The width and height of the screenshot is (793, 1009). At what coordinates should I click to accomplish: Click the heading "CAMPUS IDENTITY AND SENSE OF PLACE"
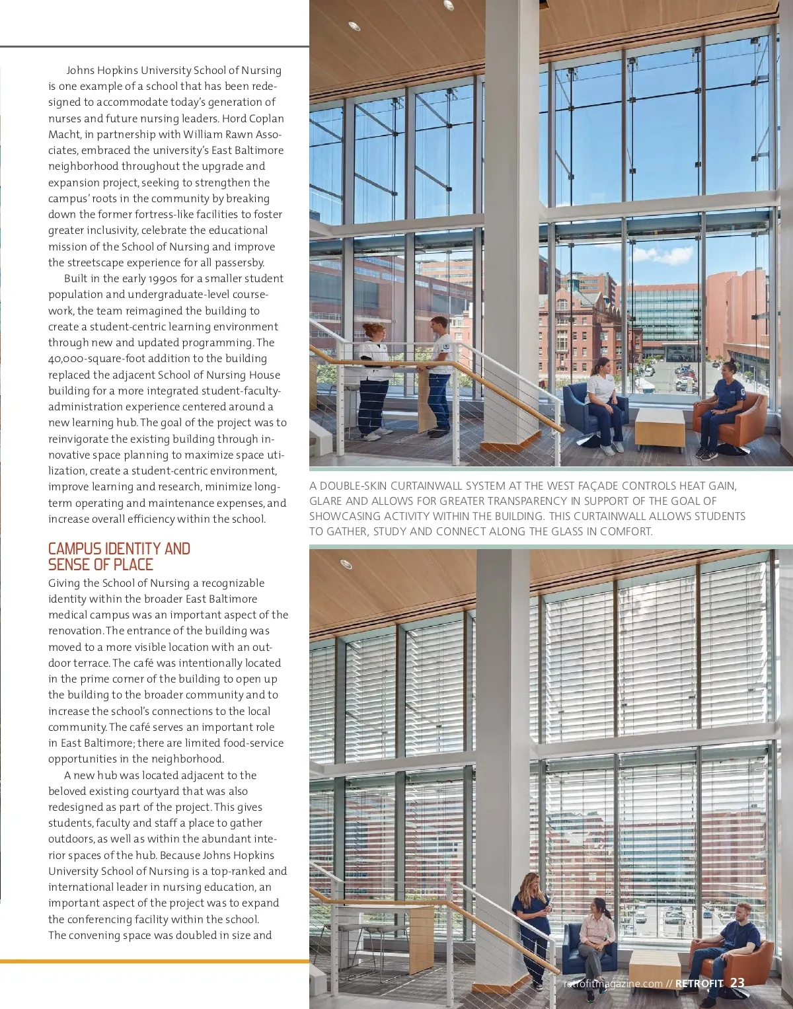(119, 556)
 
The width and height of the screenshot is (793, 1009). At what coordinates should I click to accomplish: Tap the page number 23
(737, 983)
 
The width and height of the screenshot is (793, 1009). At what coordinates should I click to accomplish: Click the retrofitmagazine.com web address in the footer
(613, 983)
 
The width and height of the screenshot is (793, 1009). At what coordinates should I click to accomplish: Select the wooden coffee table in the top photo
(659, 427)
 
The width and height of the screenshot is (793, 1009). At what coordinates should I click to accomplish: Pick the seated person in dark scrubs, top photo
(719, 406)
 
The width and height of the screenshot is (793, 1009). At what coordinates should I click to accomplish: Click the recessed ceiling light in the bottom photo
(346, 564)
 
